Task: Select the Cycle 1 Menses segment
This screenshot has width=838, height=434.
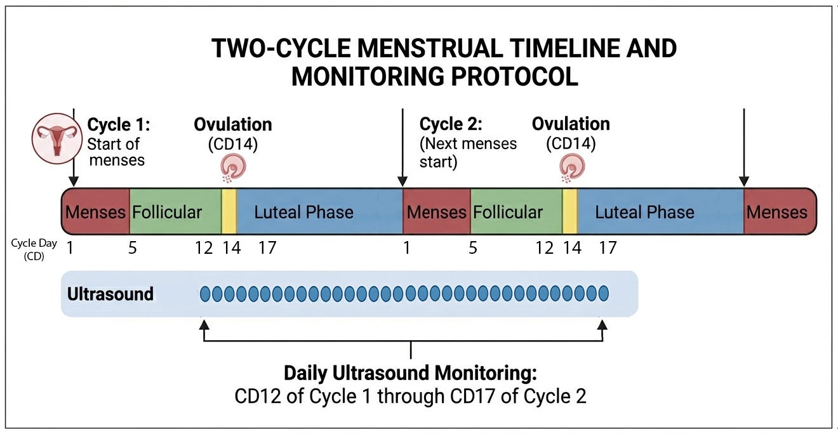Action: click(95, 212)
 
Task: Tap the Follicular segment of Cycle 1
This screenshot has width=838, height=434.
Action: click(175, 212)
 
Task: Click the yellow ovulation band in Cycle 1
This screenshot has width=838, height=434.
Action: click(229, 212)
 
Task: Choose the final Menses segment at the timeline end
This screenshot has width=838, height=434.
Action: click(778, 212)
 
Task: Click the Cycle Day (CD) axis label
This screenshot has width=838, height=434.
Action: click(34, 250)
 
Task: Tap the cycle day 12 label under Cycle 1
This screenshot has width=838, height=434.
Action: click(204, 247)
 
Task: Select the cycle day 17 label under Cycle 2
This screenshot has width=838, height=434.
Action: click(608, 247)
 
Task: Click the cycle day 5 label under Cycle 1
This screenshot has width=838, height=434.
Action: click(132, 247)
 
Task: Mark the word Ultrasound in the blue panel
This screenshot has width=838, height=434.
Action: click(110, 294)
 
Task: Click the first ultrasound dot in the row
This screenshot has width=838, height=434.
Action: click(205, 294)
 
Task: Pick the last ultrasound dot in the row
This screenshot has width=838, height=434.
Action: click(603, 294)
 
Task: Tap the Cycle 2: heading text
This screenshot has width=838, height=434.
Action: click(450, 124)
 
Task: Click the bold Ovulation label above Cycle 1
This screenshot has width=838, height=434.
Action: click(233, 124)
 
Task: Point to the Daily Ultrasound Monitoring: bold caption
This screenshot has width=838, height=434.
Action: click(410, 372)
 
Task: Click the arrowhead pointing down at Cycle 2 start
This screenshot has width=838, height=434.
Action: click(402, 181)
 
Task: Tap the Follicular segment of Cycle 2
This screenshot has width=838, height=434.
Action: click(515, 212)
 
